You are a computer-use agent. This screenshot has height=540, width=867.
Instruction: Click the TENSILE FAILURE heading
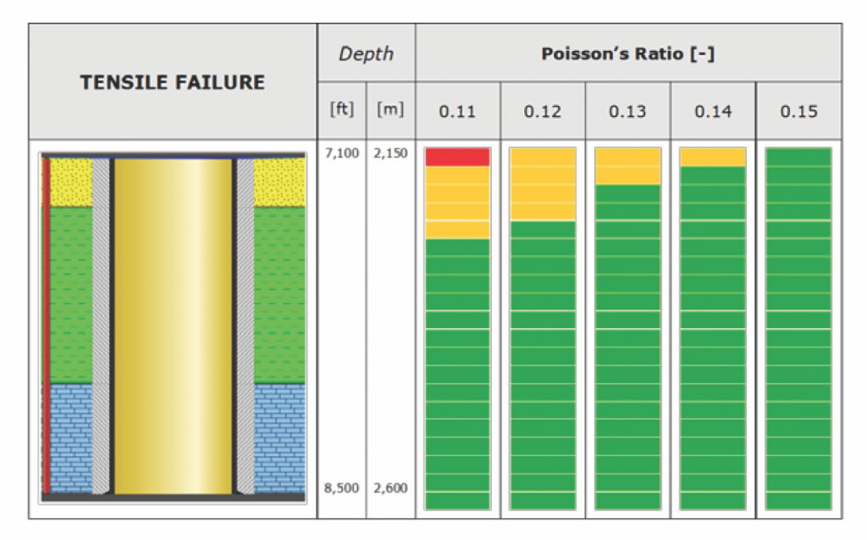[x=172, y=82]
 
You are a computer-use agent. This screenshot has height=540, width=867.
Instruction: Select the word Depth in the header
[x=366, y=53]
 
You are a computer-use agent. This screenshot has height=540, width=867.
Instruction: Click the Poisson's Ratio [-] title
[x=628, y=53]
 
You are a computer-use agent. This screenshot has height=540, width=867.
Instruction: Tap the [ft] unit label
[x=342, y=110]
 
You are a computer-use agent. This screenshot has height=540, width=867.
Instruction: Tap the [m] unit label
[x=390, y=110]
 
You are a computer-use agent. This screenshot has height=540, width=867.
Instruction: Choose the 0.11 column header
[x=458, y=111]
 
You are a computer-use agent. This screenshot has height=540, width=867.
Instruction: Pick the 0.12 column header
[x=543, y=111]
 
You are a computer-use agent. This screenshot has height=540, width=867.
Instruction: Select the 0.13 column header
[x=627, y=111]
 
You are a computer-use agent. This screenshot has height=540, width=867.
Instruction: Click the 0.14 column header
[x=713, y=111]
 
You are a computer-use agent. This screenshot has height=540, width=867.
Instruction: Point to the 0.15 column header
[x=798, y=111]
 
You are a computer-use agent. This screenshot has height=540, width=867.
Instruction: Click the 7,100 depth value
[x=342, y=153]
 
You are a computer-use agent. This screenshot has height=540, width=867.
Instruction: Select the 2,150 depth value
[x=390, y=153]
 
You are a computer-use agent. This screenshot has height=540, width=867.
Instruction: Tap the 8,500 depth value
[x=342, y=488]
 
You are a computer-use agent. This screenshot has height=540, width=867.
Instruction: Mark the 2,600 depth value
[x=390, y=488]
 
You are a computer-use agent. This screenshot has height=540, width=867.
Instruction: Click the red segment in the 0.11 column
[x=458, y=157]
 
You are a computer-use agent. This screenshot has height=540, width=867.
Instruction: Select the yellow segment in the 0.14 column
[x=713, y=157]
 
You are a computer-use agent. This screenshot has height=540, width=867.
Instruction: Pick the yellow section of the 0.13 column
[x=627, y=166]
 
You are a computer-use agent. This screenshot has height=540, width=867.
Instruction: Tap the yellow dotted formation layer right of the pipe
[x=279, y=181]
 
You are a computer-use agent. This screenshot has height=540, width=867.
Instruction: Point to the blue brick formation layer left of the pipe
[x=71, y=437]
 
